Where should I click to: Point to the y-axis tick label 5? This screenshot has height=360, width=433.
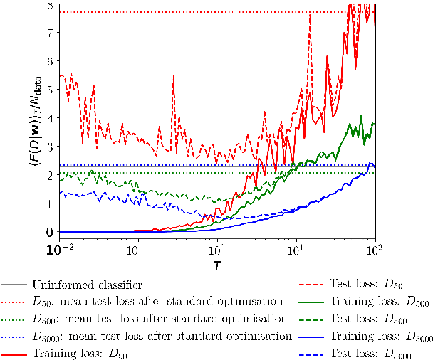(x=50, y=90)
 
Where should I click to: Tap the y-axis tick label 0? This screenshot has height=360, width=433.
(x=50, y=232)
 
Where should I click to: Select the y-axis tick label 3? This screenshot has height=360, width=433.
(x=50, y=147)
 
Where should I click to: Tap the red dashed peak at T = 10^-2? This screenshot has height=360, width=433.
(x=62, y=75)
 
